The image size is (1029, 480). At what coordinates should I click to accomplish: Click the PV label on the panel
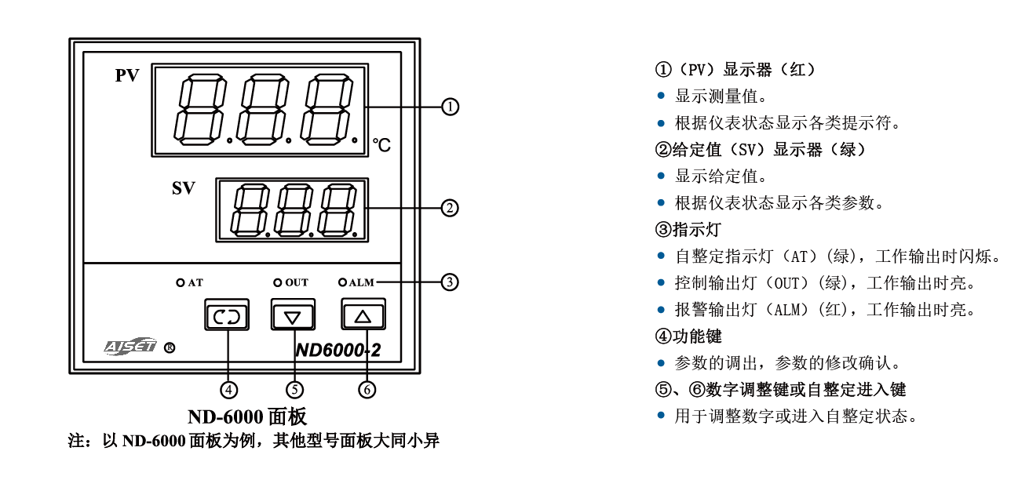(x=127, y=75)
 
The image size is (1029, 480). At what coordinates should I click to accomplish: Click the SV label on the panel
(x=184, y=188)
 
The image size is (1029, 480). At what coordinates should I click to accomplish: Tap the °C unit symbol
(x=381, y=145)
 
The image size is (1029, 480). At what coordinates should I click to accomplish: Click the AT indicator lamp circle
(x=180, y=282)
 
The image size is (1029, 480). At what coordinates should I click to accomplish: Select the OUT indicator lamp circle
(x=277, y=282)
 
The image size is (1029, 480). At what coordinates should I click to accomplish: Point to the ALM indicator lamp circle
(x=342, y=282)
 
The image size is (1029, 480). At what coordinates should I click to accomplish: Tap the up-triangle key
(x=363, y=315)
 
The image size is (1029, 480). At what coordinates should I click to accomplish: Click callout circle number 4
(x=228, y=388)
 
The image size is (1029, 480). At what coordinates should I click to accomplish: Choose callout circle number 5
(x=294, y=388)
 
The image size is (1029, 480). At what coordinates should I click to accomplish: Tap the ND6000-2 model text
(x=338, y=351)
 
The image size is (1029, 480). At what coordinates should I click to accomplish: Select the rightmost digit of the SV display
(x=341, y=210)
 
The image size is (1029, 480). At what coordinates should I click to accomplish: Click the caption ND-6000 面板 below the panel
(x=246, y=416)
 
